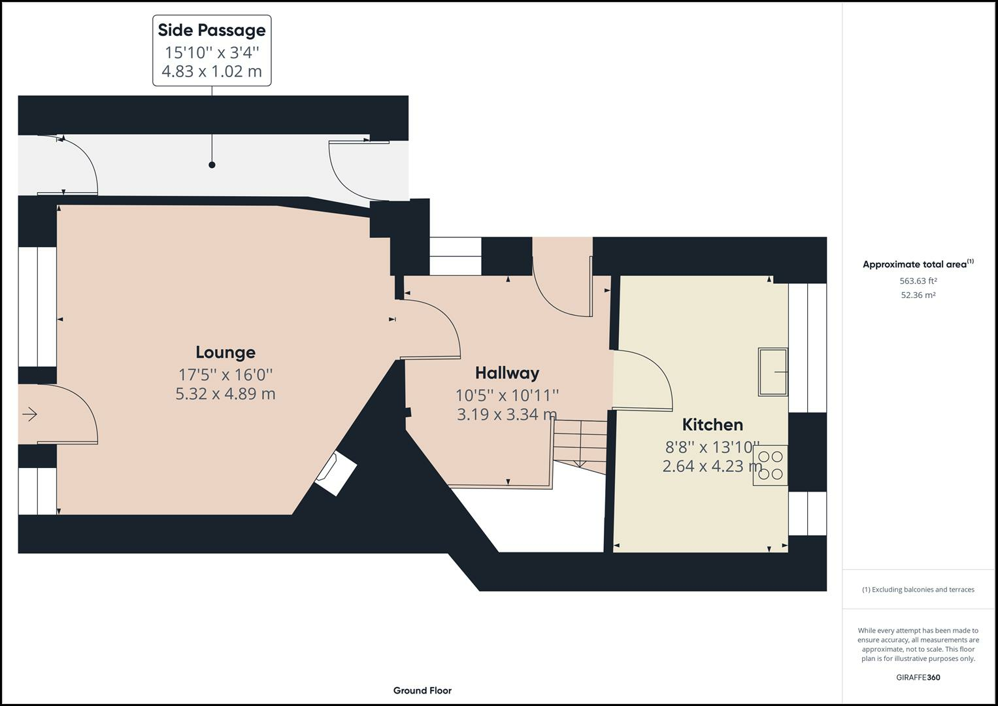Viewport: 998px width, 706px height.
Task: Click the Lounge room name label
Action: pos(225,352)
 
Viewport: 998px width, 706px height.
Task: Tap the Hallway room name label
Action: pos(507,373)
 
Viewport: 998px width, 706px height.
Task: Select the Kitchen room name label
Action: pos(712,425)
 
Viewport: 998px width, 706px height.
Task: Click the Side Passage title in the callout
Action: pos(212,30)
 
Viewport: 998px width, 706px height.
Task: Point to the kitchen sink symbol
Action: pos(773,372)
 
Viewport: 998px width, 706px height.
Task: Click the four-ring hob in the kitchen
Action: pos(770,465)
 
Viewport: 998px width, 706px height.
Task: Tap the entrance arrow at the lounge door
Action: pos(30,414)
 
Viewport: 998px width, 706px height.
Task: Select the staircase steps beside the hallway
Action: pos(579,443)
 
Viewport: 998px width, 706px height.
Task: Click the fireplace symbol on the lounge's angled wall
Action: pos(335,473)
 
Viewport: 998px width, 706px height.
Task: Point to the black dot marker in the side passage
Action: pos(212,165)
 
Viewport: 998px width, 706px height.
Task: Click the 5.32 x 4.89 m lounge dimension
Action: pos(225,394)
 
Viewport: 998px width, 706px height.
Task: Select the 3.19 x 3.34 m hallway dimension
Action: pos(507,414)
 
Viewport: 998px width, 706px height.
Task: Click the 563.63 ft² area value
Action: pos(918,281)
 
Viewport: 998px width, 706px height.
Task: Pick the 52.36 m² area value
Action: pos(918,295)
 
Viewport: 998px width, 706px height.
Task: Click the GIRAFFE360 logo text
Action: pos(918,677)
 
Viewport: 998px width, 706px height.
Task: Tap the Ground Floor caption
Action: pos(422,690)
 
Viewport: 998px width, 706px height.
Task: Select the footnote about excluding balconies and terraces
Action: pos(918,590)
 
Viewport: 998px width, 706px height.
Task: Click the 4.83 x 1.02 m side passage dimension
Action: pos(212,71)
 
